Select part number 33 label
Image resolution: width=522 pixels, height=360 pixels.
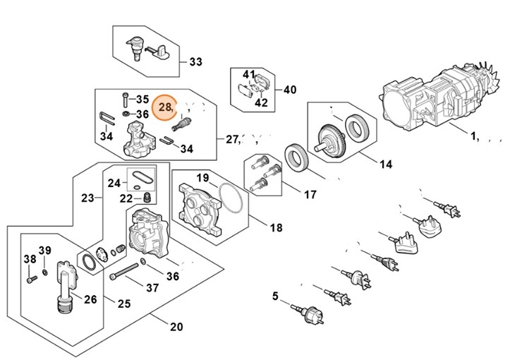(195, 62)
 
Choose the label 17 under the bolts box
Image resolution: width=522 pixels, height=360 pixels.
(310, 194)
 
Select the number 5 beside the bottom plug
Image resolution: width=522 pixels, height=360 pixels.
(276, 296)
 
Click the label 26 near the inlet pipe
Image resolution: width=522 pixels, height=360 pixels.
(90, 299)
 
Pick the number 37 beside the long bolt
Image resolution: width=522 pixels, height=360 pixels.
(152, 287)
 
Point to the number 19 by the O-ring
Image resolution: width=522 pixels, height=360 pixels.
(202, 177)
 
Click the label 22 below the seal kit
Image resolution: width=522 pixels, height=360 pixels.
(126, 198)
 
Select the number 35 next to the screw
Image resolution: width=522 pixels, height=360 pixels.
(142, 99)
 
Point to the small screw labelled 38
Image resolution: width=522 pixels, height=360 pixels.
(30, 280)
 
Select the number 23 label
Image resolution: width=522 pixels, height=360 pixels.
(88, 198)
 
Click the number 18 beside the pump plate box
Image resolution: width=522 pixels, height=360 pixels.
(276, 228)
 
